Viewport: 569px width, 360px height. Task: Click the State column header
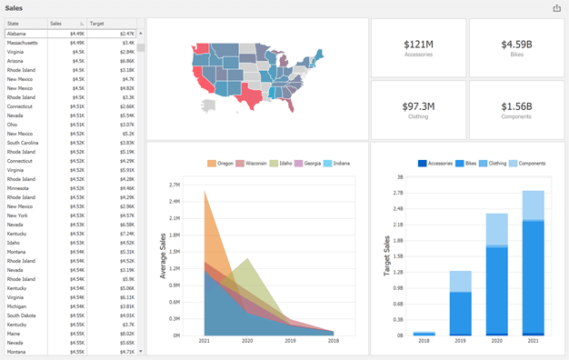tap(15, 24)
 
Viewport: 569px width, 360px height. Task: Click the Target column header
tap(97, 24)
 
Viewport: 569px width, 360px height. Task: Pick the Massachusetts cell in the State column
tap(23, 43)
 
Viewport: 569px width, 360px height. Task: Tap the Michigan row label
tap(16, 306)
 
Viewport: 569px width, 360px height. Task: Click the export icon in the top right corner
tap(556, 8)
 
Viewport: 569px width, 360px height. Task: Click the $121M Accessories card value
tap(418, 44)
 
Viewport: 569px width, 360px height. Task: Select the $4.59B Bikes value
tap(516, 44)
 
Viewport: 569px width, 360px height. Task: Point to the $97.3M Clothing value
tap(418, 106)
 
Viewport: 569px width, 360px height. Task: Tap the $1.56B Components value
tap(516, 106)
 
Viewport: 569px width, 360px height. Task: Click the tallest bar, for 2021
tap(533, 264)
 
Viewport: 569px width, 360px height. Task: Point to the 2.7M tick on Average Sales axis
tap(175, 185)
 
